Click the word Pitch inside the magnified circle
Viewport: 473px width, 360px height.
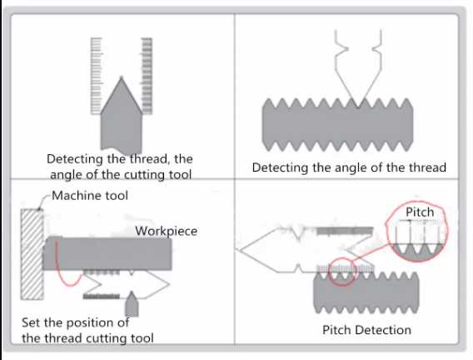click(x=420, y=212)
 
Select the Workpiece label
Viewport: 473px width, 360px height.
click(x=167, y=230)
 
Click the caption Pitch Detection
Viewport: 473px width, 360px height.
click(x=366, y=330)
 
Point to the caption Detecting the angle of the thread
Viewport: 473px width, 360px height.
click(x=349, y=167)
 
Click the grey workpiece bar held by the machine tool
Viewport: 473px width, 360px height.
click(x=108, y=252)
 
